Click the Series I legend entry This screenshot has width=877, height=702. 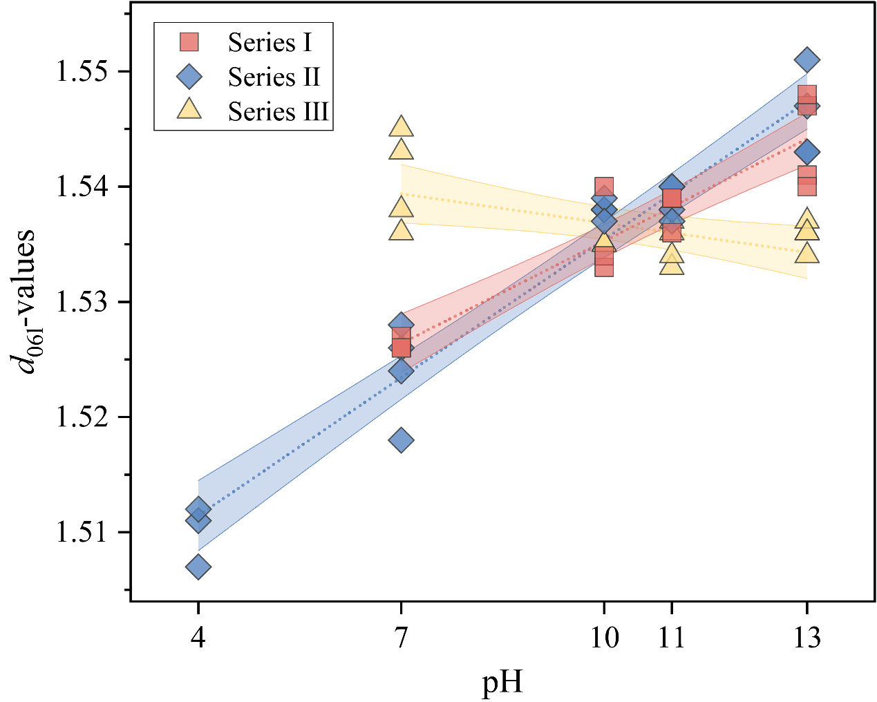270,43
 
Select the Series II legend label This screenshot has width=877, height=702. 274,77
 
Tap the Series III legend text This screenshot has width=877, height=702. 278,111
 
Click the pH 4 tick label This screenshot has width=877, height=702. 198,638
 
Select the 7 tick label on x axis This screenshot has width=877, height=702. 401,638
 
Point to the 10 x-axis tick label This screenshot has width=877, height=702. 604,638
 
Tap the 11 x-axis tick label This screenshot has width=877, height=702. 671,638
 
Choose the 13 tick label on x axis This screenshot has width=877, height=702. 807,638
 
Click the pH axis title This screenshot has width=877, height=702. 502,683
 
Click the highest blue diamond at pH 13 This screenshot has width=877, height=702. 807,60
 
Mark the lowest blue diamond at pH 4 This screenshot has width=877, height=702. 198,567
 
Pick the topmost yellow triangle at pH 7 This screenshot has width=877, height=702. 401,127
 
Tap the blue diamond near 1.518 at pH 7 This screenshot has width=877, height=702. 401,440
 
